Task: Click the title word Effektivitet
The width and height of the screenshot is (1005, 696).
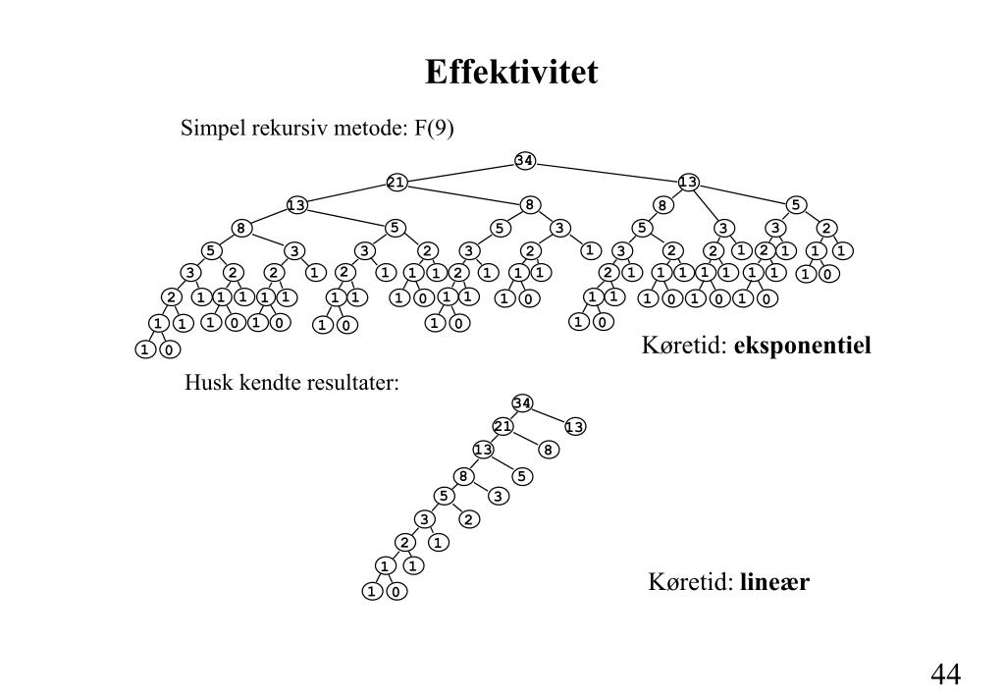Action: (x=510, y=73)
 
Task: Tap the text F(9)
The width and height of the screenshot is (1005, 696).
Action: (x=434, y=129)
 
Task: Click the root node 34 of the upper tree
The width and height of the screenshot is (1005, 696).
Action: (x=524, y=160)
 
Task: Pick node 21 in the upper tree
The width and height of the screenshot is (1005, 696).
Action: (x=397, y=182)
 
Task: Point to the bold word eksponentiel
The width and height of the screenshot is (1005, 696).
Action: (x=802, y=346)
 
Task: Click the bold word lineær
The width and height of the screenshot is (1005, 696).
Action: (x=774, y=582)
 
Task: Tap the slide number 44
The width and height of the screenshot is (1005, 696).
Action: (x=945, y=673)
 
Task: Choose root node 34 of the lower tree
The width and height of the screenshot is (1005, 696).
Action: (x=522, y=403)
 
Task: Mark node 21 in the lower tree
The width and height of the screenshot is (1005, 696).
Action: (x=503, y=426)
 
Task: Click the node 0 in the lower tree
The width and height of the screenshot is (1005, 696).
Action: (x=396, y=592)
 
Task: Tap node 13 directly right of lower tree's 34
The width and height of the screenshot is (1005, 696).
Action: (x=575, y=426)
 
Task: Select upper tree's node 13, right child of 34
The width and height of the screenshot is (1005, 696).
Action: (x=689, y=182)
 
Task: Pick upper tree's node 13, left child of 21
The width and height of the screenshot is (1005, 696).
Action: (x=296, y=204)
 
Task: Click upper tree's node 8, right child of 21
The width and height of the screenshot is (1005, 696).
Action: (x=530, y=204)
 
